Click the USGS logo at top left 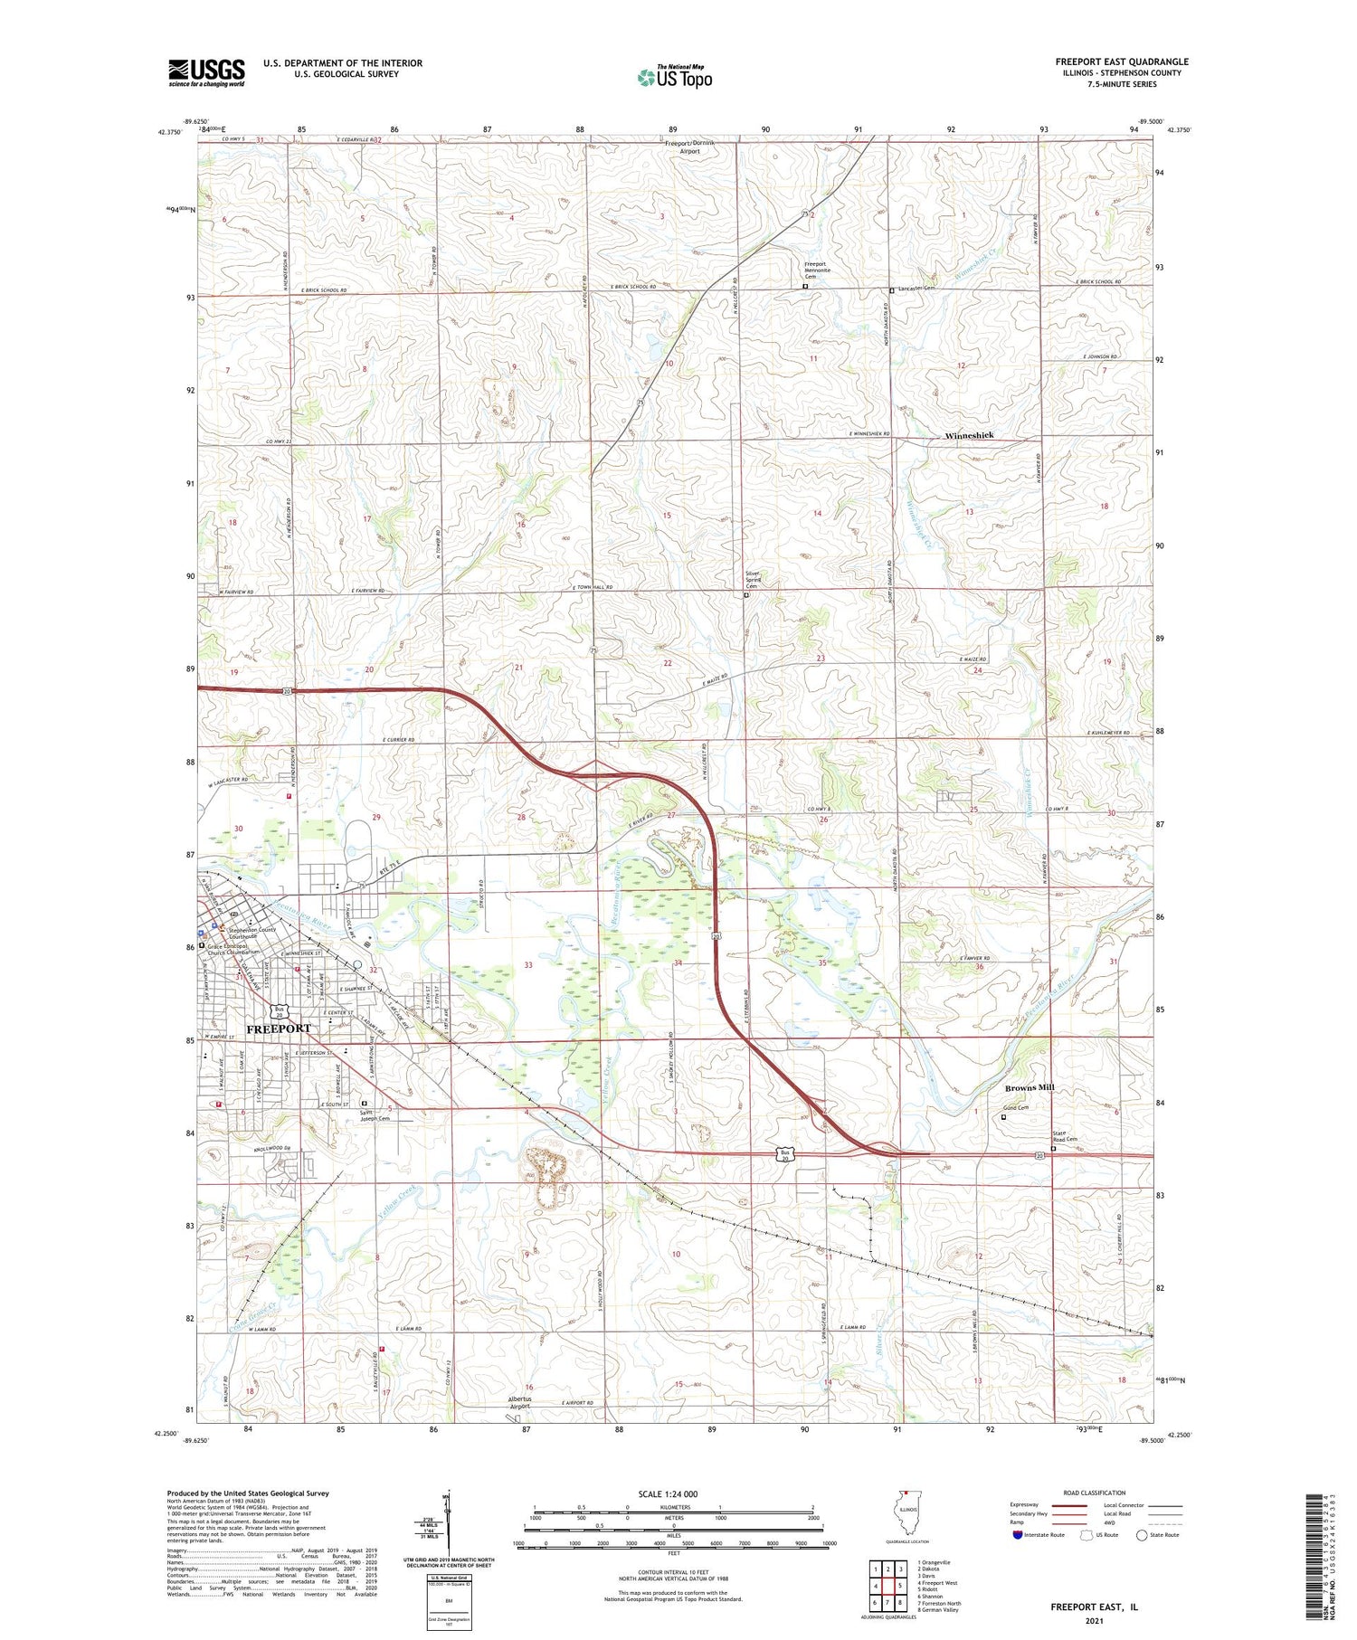[206, 72]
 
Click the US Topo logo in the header [674, 78]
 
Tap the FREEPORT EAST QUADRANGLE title [1121, 62]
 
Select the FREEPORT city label [279, 1029]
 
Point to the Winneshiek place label [969, 436]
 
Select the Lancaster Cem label [915, 289]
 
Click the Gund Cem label [1014, 1108]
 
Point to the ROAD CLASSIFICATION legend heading [1095, 1493]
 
